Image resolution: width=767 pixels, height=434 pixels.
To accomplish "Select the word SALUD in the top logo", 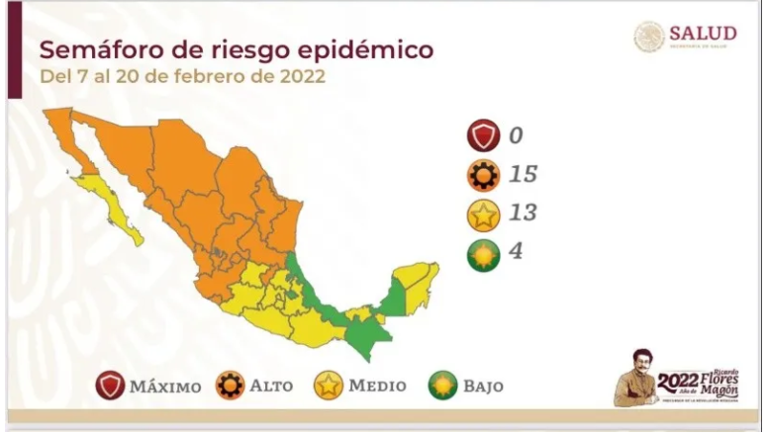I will pos(703,34).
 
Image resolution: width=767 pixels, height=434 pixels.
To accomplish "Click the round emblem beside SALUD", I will pos(649,37).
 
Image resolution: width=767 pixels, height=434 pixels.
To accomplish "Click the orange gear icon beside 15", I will pos(485,175).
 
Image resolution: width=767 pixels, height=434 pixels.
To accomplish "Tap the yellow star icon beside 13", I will pos(485,214).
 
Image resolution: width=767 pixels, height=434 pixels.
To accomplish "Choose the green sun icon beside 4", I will pos(485,251).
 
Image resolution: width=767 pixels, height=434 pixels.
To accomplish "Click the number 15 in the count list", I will pos(524,175).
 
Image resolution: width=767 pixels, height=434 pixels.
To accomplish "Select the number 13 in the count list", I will pos(524,214).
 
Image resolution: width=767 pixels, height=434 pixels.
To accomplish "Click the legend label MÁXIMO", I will pos(165,386).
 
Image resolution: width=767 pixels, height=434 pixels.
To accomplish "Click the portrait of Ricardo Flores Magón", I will pos(634,377).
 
